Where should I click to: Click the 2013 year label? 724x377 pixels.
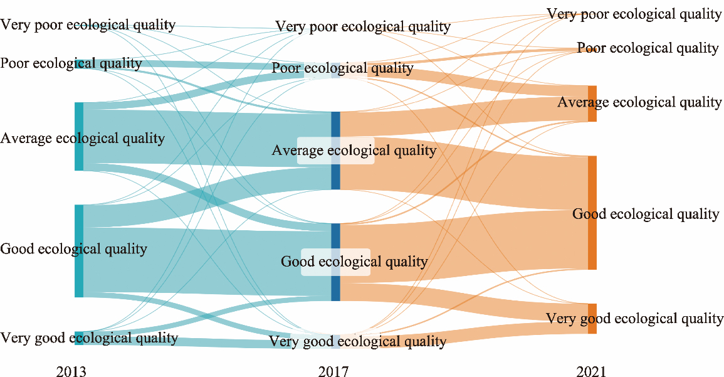coord(71,372)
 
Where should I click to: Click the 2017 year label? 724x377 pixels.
coord(334,372)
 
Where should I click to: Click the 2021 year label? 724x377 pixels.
coord(592,372)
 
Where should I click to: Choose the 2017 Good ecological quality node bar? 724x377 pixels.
coord(335,235)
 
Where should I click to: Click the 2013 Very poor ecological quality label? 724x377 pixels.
coord(88,25)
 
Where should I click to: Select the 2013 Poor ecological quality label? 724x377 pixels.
coord(71,63)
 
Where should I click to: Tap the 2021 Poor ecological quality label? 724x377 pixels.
coord(648,48)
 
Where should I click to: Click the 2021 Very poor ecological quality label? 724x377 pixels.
coord(634,14)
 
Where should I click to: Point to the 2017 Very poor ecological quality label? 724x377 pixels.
coord(363,27)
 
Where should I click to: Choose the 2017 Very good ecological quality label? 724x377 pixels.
coord(357,342)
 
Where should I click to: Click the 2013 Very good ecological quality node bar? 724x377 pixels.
coord(79,338)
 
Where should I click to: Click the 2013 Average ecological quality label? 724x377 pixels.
coord(83,138)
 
